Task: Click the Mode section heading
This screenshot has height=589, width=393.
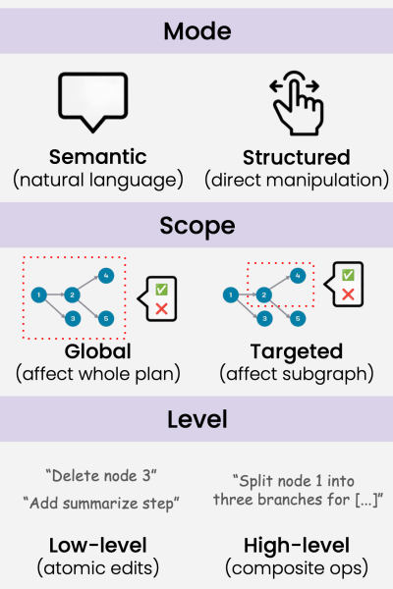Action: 197,31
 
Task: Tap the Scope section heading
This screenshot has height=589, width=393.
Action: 197,226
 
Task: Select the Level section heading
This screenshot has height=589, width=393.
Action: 197,419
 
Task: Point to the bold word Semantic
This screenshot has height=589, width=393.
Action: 98,157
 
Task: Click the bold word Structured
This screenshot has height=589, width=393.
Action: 297,157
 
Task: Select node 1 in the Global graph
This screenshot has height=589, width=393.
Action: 39,294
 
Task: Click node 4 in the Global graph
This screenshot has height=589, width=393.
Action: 106,276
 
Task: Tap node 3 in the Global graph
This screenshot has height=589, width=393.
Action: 73,318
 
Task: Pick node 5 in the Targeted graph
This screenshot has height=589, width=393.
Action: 298,318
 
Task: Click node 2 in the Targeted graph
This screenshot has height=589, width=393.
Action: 264,294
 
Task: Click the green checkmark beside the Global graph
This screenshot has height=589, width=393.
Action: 161,290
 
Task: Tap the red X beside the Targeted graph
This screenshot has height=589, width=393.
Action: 348,294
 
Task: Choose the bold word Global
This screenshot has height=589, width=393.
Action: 98,351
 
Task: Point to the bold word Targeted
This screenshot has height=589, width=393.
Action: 297,351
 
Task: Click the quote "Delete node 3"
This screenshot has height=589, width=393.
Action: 101,476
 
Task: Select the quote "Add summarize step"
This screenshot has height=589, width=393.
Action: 101,503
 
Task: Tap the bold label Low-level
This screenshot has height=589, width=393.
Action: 98,546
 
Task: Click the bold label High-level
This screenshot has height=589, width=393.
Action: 297,546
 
